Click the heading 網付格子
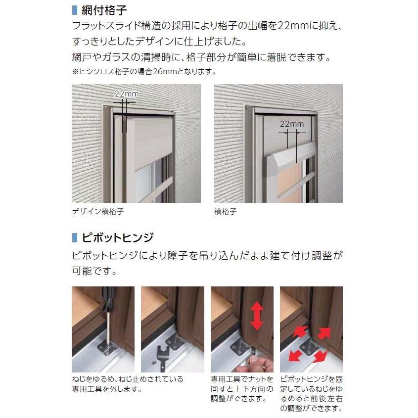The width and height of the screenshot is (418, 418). pyautogui.click(x=104, y=10)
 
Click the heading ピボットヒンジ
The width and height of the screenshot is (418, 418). pyautogui.click(x=118, y=237)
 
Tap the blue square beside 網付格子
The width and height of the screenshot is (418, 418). pyautogui.click(x=75, y=10)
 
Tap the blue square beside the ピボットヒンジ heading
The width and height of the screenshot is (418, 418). pyautogui.click(x=75, y=237)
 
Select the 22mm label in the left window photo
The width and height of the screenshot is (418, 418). pyautogui.click(x=127, y=94)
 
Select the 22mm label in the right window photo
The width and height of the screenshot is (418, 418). pyautogui.click(x=292, y=124)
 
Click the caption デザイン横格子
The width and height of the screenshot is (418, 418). pyautogui.click(x=98, y=211)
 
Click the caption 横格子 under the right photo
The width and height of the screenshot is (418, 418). pyautogui.click(x=226, y=211)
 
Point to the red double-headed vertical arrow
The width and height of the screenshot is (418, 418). pyautogui.click(x=257, y=316)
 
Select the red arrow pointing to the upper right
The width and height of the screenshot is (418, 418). pyautogui.click(x=324, y=333)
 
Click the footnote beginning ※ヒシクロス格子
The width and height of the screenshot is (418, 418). pyautogui.click(x=144, y=72)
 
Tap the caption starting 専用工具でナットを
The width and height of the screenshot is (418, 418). pyautogui.click(x=242, y=389)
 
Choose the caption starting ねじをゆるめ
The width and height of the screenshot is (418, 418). pyautogui.click(x=128, y=384)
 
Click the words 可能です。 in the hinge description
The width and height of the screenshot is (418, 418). pyautogui.click(x=94, y=271)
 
